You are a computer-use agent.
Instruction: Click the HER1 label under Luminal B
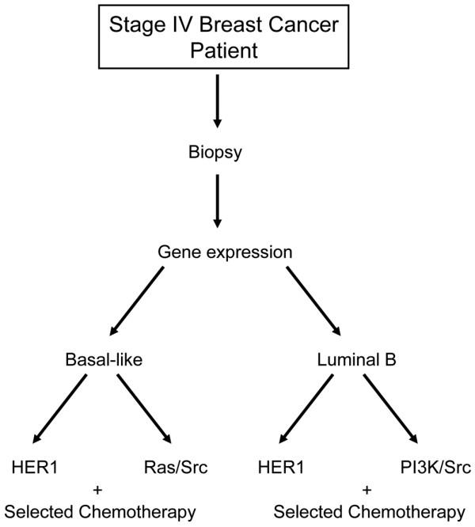pyautogui.click(x=282, y=467)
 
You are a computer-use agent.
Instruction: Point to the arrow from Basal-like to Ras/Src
pyautogui.click(x=145, y=410)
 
